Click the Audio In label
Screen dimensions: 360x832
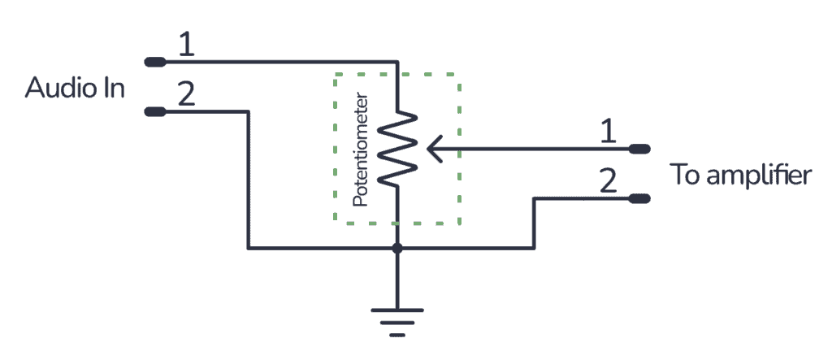[x=75, y=88]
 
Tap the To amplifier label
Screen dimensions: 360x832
[x=739, y=175]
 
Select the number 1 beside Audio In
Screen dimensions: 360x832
[x=186, y=45]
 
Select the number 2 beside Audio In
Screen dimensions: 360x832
[x=186, y=95]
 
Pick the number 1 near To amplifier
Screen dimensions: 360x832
[x=606, y=132]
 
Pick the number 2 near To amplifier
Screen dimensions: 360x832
[x=606, y=180]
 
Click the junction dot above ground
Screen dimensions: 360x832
[x=396, y=248]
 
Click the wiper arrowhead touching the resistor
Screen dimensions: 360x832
[x=432, y=149]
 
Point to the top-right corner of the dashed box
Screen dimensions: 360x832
[x=461, y=75]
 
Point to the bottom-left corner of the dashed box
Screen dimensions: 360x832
[x=335, y=223]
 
